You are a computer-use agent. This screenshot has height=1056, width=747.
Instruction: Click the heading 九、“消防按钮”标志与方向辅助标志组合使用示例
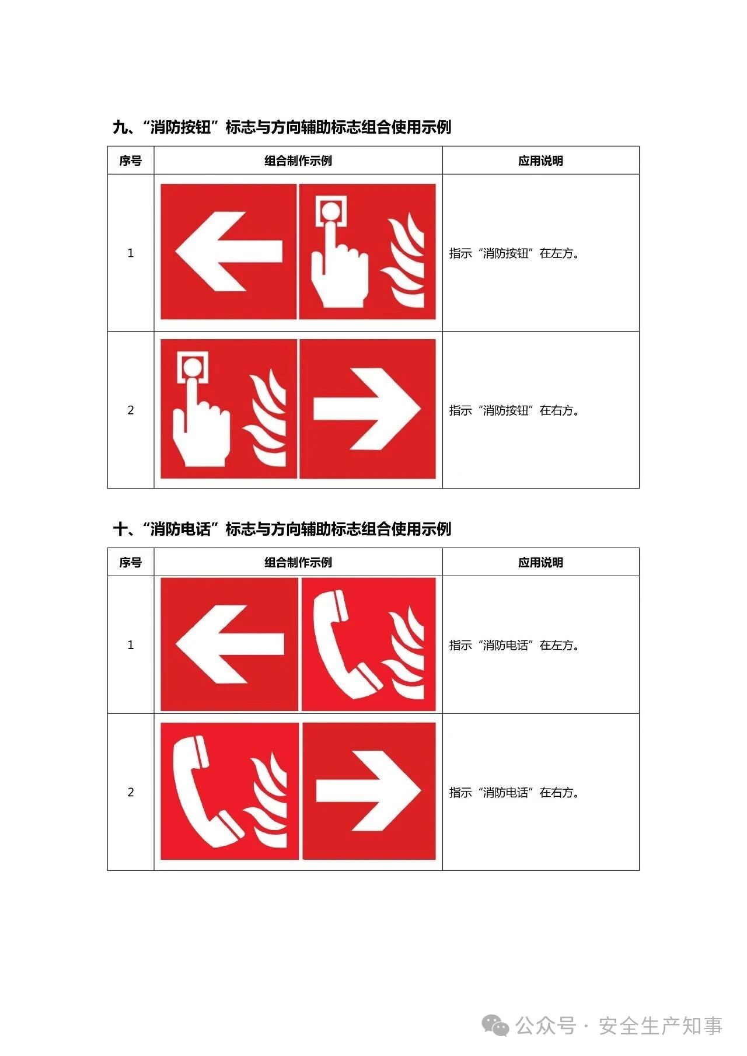pos(282,127)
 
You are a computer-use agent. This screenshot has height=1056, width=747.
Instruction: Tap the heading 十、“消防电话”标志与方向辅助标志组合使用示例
pos(282,529)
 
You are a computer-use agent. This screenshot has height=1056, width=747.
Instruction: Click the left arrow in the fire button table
pos(229,252)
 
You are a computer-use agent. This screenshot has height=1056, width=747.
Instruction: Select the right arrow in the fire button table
pos(367,409)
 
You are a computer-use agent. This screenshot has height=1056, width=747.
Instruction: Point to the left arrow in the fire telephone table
pos(230,644)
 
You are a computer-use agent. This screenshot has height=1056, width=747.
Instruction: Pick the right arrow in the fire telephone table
pos(369,791)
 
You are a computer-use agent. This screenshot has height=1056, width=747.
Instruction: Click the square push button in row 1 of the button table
pos(331,211)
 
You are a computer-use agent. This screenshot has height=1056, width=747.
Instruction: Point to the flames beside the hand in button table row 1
pos(404,260)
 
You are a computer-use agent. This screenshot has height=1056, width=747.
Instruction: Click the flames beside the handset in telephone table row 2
pos(266,800)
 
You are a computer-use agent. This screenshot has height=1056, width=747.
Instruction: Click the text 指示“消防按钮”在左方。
pos(514,253)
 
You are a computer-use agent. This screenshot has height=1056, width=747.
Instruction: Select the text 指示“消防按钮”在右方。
pos(514,410)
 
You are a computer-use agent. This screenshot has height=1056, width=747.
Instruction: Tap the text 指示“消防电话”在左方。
pos(514,645)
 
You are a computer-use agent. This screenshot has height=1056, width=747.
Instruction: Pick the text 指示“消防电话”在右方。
pos(514,792)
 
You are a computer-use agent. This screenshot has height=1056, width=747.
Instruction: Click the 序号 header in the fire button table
pos(131,161)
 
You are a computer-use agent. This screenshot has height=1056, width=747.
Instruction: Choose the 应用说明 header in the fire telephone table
pos(540,562)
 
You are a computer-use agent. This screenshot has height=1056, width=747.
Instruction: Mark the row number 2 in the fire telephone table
pos(131,792)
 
